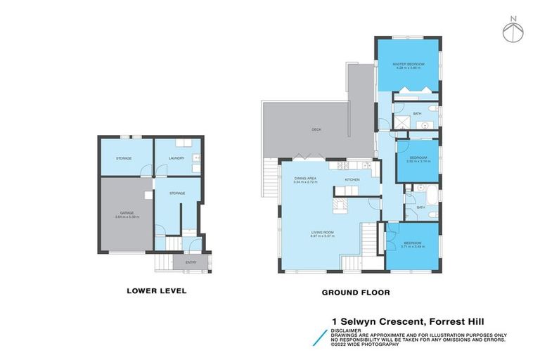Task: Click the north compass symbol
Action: (x=513, y=30)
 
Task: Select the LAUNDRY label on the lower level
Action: (x=176, y=158)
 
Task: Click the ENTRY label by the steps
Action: (x=191, y=262)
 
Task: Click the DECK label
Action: (x=316, y=129)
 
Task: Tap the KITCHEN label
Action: (x=352, y=180)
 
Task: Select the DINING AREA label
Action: (x=306, y=179)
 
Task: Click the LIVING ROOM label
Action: (x=323, y=232)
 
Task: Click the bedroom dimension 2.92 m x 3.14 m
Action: (x=418, y=162)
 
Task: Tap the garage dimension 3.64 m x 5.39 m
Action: (x=127, y=217)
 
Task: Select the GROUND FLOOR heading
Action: (x=356, y=292)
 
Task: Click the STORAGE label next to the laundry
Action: (x=125, y=158)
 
